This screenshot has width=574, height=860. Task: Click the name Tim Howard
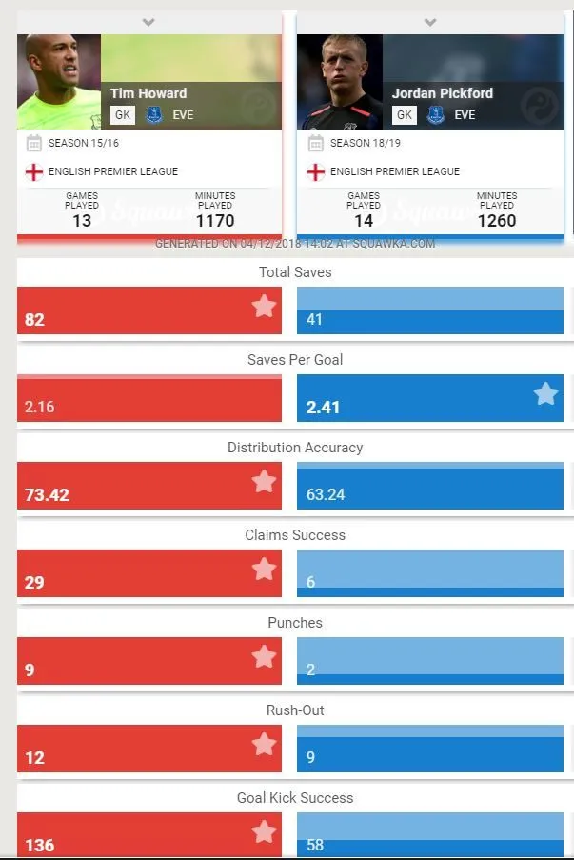pyautogui.click(x=148, y=93)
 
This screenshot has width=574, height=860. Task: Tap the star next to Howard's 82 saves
pyautogui.click(x=264, y=306)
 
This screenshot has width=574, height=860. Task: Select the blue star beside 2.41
pyautogui.click(x=545, y=393)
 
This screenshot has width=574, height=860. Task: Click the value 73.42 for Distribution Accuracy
pyautogui.click(x=47, y=495)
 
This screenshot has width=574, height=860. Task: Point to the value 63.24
pyautogui.click(x=326, y=495)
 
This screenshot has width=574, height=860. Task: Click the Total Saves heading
pyautogui.click(x=295, y=272)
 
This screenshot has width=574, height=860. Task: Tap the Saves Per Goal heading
pyautogui.click(x=295, y=360)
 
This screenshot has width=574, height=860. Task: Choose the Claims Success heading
pyautogui.click(x=295, y=535)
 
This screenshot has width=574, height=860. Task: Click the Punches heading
pyautogui.click(x=295, y=623)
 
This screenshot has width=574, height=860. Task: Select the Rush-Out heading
pyautogui.click(x=295, y=710)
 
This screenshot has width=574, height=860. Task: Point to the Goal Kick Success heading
pyautogui.click(x=295, y=798)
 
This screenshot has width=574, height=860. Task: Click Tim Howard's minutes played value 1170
pyautogui.click(x=215, y=221)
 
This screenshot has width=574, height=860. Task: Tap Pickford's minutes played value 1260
pyautogui.click(x=497, y=221)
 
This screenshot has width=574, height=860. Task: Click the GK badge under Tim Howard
pyautogui.click(x=122, y=115)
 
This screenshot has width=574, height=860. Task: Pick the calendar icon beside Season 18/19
pyautogui.click(x=315, y=143)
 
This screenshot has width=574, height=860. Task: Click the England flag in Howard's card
pyautogui.click(x=34, y=171)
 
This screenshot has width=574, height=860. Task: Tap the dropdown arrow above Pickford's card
pyautogui.click(x=430, y=21)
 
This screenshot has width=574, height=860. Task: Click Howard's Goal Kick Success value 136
pyautogui.click(x=39, y=846)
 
